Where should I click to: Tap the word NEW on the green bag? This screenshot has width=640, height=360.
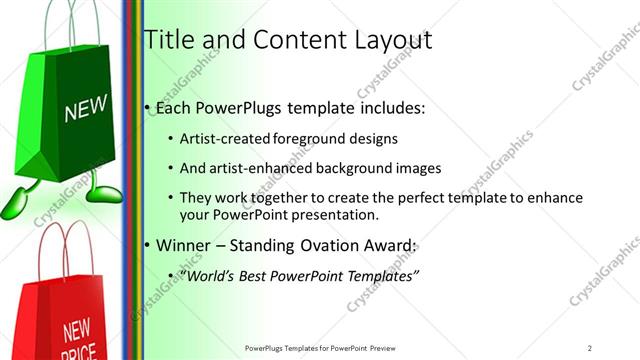point(84,108)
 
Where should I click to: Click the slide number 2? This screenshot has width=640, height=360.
point(590,348)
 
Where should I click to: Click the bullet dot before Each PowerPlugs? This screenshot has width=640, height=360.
point(148,108)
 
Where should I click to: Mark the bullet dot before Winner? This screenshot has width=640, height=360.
point(148,245)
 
